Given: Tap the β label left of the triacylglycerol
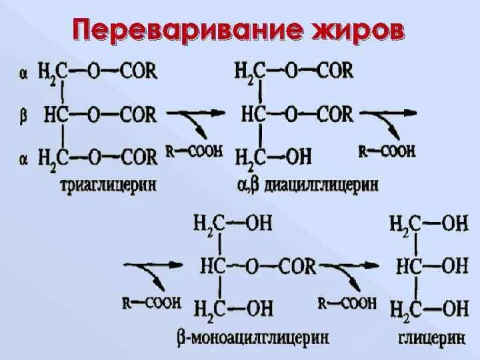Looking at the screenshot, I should tap(23, 115).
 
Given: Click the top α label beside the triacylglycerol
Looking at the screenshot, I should tap(23, 73).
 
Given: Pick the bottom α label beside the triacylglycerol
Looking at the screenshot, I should tap(23, 158).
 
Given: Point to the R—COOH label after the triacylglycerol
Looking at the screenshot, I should tap(194, 152).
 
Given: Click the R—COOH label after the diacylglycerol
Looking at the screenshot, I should tap(387, 151).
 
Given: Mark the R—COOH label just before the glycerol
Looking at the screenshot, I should tap(347, 303).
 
